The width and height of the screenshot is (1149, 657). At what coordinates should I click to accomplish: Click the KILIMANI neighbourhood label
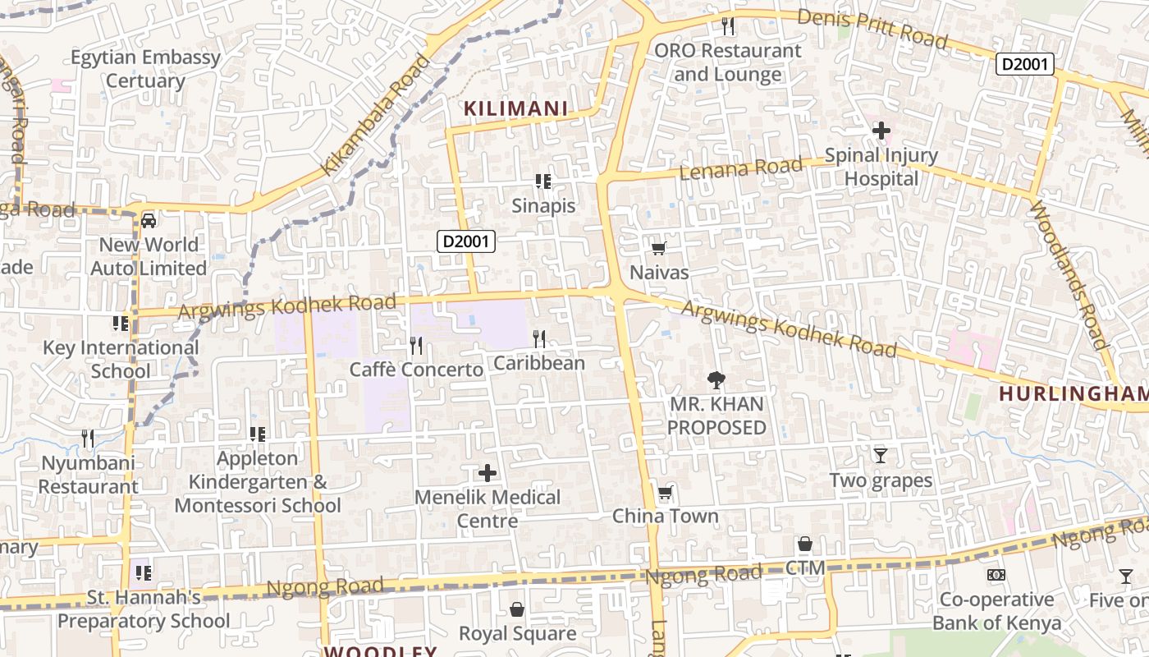coord(516,108)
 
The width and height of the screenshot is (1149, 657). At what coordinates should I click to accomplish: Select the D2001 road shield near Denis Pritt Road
coord(1025,64)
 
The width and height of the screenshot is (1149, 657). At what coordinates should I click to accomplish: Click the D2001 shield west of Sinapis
coord(466,241)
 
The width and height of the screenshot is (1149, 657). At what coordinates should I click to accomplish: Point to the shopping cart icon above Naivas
coord(658,248)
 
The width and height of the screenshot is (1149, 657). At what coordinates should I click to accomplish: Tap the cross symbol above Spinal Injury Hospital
coord(881,131)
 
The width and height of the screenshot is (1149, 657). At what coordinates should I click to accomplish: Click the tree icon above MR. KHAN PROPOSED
coord(716,379)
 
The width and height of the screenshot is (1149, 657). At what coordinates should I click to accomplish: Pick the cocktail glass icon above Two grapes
coord(881,456)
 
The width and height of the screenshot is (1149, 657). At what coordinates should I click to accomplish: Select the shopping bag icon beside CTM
coord(804,544)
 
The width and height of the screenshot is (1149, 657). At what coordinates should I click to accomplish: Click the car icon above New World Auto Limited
coord(149,220)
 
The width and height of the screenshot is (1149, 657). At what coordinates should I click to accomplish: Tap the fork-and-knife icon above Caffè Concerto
coord(416,345)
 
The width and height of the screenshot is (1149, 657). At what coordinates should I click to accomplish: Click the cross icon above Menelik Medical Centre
coord(488,473)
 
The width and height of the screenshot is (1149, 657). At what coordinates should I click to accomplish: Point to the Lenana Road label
coord(741,168)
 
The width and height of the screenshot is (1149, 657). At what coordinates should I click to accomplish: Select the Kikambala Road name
coord(375,115)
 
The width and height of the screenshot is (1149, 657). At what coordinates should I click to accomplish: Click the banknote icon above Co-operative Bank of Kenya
coord(996,575)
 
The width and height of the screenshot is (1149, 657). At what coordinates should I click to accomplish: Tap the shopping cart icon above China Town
coord(665,493)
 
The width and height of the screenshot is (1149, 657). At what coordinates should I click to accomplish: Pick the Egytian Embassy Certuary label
coord(145,69)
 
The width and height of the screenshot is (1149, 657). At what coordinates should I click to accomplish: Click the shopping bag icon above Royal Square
coord(517,609)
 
